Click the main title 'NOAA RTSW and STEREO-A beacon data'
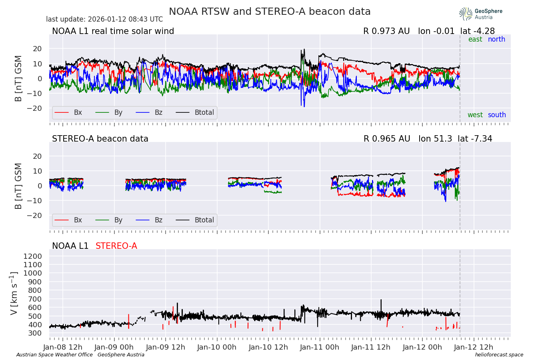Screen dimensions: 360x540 pyautogui.click(x=270, y=12)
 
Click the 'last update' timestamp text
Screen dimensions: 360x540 pyautogui.click(x=104, y=19)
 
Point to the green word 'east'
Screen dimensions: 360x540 pyautogui.click(x=475, y=39)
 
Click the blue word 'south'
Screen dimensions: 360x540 pyautogui.click(x=497, y=115)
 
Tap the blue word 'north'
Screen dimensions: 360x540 pyautogui.click(x=496, y=39)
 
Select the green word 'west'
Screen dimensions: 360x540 pyautogui.click(x=475, y=115)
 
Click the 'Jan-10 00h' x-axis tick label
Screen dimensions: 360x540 pyautogui.click(x=217, y=347)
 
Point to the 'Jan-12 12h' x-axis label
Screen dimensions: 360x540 pyautogui.click(x=474, y=347)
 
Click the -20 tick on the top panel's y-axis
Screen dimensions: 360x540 pyautogui.click(x=37, y=108)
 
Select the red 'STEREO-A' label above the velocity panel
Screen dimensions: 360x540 pyautogui.click(x=116, y=246)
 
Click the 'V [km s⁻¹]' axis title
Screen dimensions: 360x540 pyautogui.click(x=14, y=293)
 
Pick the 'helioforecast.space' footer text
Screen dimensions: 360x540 pyautogui.click(x=499, y=355)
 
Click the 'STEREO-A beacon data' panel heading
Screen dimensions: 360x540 pyautogui.click(x=100, y=139)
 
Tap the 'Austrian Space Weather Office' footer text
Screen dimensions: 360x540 pyautogui.click(x=54, y=355)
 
